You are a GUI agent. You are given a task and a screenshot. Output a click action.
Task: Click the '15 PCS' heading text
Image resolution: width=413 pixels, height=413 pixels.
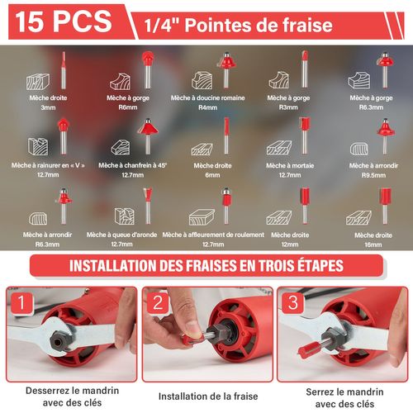64,21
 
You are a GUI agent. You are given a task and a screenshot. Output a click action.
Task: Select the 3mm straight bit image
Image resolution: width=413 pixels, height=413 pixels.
64,70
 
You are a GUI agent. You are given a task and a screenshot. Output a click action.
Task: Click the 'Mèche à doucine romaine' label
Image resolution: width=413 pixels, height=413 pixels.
207,97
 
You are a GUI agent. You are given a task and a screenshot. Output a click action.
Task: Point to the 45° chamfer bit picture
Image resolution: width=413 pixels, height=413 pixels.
148,136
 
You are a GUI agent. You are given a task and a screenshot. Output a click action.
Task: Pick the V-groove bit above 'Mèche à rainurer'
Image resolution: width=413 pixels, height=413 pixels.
64,136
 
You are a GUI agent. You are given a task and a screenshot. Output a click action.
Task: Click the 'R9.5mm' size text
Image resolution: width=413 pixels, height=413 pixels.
373,175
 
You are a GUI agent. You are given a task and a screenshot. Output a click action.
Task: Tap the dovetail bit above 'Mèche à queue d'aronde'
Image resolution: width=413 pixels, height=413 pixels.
148,206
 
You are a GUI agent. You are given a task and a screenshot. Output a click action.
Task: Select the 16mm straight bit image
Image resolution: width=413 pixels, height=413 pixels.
385,206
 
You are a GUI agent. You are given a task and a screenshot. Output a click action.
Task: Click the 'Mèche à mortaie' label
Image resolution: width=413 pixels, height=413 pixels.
290,165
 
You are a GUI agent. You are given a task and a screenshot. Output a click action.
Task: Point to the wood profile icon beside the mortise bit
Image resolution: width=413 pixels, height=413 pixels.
279,148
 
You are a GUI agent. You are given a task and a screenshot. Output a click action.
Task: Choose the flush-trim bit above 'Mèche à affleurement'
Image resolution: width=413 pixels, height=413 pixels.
226,206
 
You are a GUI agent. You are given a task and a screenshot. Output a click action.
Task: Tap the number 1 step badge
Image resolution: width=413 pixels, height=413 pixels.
21,303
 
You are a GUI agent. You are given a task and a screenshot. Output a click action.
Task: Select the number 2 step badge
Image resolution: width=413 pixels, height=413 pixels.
158,303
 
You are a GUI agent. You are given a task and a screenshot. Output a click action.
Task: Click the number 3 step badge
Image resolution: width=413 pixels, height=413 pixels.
292,303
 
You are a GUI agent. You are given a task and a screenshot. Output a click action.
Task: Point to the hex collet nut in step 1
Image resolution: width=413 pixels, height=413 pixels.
60,340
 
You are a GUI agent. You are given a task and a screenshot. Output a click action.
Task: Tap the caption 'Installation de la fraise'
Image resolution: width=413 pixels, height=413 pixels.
208,396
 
